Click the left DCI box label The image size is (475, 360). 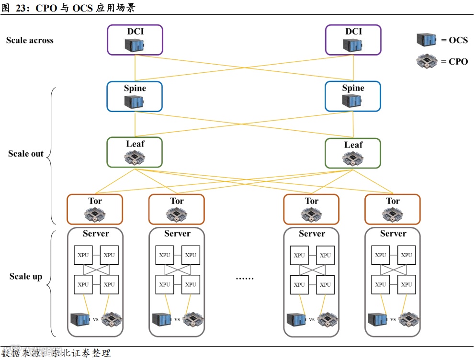(x=135, y=32)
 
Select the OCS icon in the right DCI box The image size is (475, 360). (x=352, y=45)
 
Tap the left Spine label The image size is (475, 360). (x=135, y=88)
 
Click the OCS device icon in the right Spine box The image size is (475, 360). (x=352, y=101)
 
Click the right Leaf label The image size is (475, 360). (x=353, y=145)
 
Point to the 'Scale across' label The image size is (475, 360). (x=30, y=40)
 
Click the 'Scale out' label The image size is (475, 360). (x=26, y=154)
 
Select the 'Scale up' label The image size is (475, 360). (x=26, y=276)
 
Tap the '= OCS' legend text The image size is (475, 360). (x=454, y=40)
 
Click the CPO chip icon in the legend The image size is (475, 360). (x=427, y=61)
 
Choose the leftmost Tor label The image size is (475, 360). (x=95, y=201)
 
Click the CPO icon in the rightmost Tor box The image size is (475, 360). (x=393, y=214)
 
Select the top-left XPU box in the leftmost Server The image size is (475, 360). (x=83, y=255)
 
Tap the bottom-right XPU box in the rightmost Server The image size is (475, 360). (x=407, y=285)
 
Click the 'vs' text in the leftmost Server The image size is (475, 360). (x=96, y=319)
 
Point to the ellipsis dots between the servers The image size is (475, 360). (x=245, y=279)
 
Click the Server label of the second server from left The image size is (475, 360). (x=177, y=234)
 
